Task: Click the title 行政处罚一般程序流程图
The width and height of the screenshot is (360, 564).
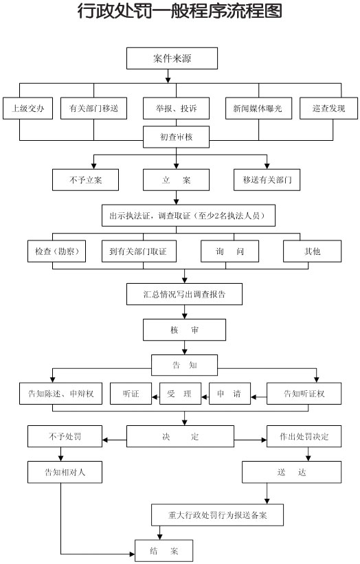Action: pyautogui.click(x=180, y=12)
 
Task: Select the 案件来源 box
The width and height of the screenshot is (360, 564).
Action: pyautogui.click(x=172, y=58)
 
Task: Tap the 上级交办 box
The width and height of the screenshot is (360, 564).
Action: pyautogui.click(x=27, y=109)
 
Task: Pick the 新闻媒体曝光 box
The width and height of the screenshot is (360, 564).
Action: pyautogui.click(x=258, y=109)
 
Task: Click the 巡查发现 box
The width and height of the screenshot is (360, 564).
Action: pyautogui.click(x=328, y=109)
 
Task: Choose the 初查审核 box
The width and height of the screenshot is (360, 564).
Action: pyautogui.click(x=177, y=137)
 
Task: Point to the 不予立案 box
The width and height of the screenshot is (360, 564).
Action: pyautogui.click(x=86, y=179)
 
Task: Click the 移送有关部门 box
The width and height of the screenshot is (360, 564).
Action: pyautogui.click(x=267, y=179)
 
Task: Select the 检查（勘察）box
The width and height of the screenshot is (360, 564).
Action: pyautogui.click(x=57, y=251)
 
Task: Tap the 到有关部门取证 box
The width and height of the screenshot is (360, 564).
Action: pyautogui.click(x=139, y=251)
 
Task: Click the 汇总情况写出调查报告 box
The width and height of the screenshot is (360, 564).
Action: pyautogui.click(x=185, y=294)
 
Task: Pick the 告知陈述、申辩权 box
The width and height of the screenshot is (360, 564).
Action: pyautogui.click(x=60, y=394)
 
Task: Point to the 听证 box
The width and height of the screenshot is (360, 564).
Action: pyautogui.click(x=131, y=394)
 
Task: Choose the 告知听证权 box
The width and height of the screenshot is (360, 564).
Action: pyautogui.click(x=304, y=394)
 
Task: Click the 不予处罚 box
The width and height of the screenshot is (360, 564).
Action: pyautogui.click(x=65, y=436)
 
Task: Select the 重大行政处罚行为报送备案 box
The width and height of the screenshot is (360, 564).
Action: pyautogui.click(x=218, y=515)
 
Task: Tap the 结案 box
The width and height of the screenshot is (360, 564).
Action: pyautogui.click(x=164, y=551)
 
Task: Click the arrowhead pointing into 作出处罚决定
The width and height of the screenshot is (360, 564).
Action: pyautogui.click(x=265, y=440)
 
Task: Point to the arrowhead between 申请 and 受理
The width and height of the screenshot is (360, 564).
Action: pyautogui.click(x=205, y=397)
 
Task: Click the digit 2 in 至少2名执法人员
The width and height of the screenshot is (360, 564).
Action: pyautogui.click(x=216, y=216)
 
